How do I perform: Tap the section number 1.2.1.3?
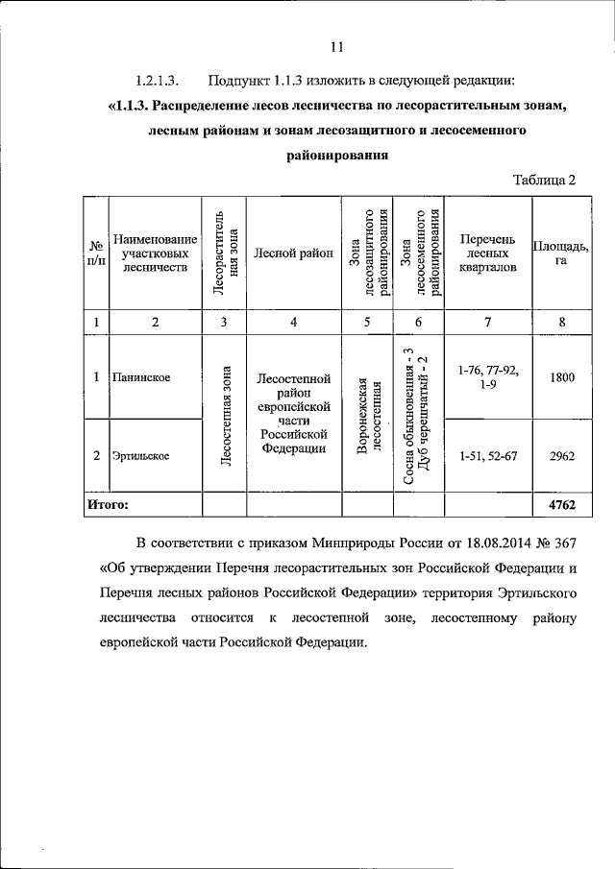(158, 79)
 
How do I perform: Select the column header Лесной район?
(293, 253)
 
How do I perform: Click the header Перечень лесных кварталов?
(487, 253)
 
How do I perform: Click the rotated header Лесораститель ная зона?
(223, 253)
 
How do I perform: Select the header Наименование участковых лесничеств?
(155, 253)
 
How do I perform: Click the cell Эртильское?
(141, 456)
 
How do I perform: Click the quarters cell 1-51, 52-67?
(487, 456)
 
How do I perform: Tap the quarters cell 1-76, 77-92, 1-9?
(487, 377)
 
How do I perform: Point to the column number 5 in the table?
(366, 322)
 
